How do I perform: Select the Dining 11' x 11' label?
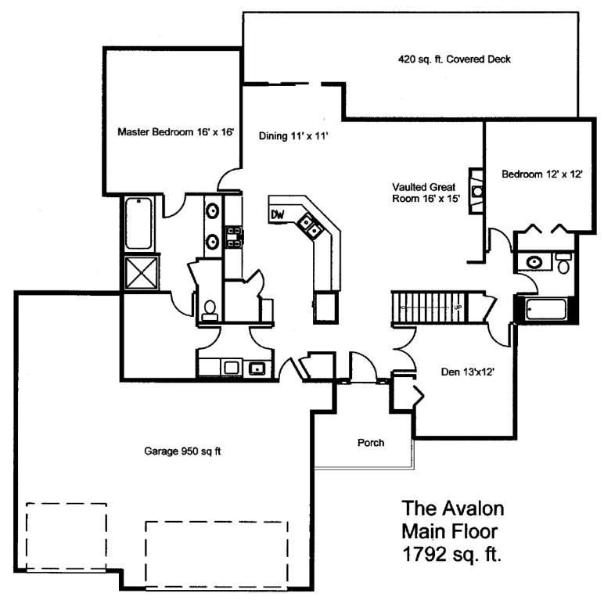tap(293, 135)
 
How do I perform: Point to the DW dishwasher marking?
tap(278, 214)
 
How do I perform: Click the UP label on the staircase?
tap(458, 307)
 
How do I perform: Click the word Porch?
tap(371, 443)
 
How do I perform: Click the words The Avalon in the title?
tap(453, 508)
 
